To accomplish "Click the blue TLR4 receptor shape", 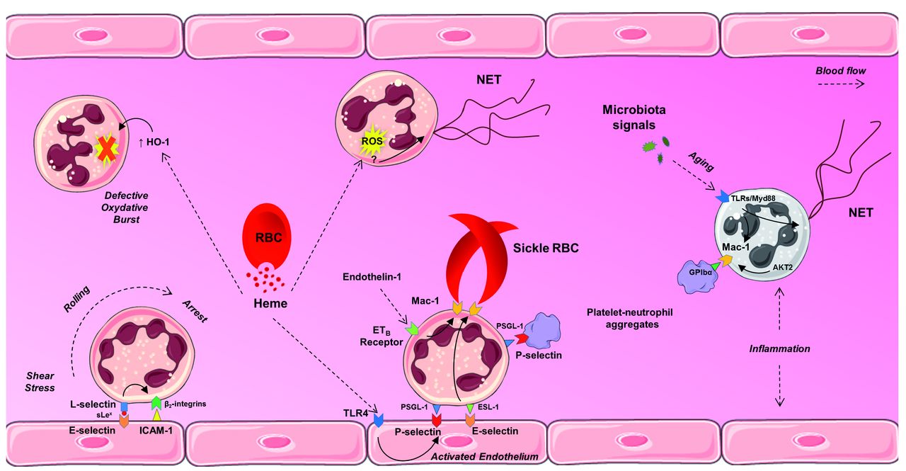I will pyautogui.click(x=379, y=421).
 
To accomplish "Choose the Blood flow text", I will pyautogui.click(x=840, y=71).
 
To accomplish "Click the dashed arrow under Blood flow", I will pyautogui.click(x=839, y=83).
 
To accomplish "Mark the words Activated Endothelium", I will pyautogui.click(x=486, y=458).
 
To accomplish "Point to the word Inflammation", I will pyautogui.click(x=779, y=349).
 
